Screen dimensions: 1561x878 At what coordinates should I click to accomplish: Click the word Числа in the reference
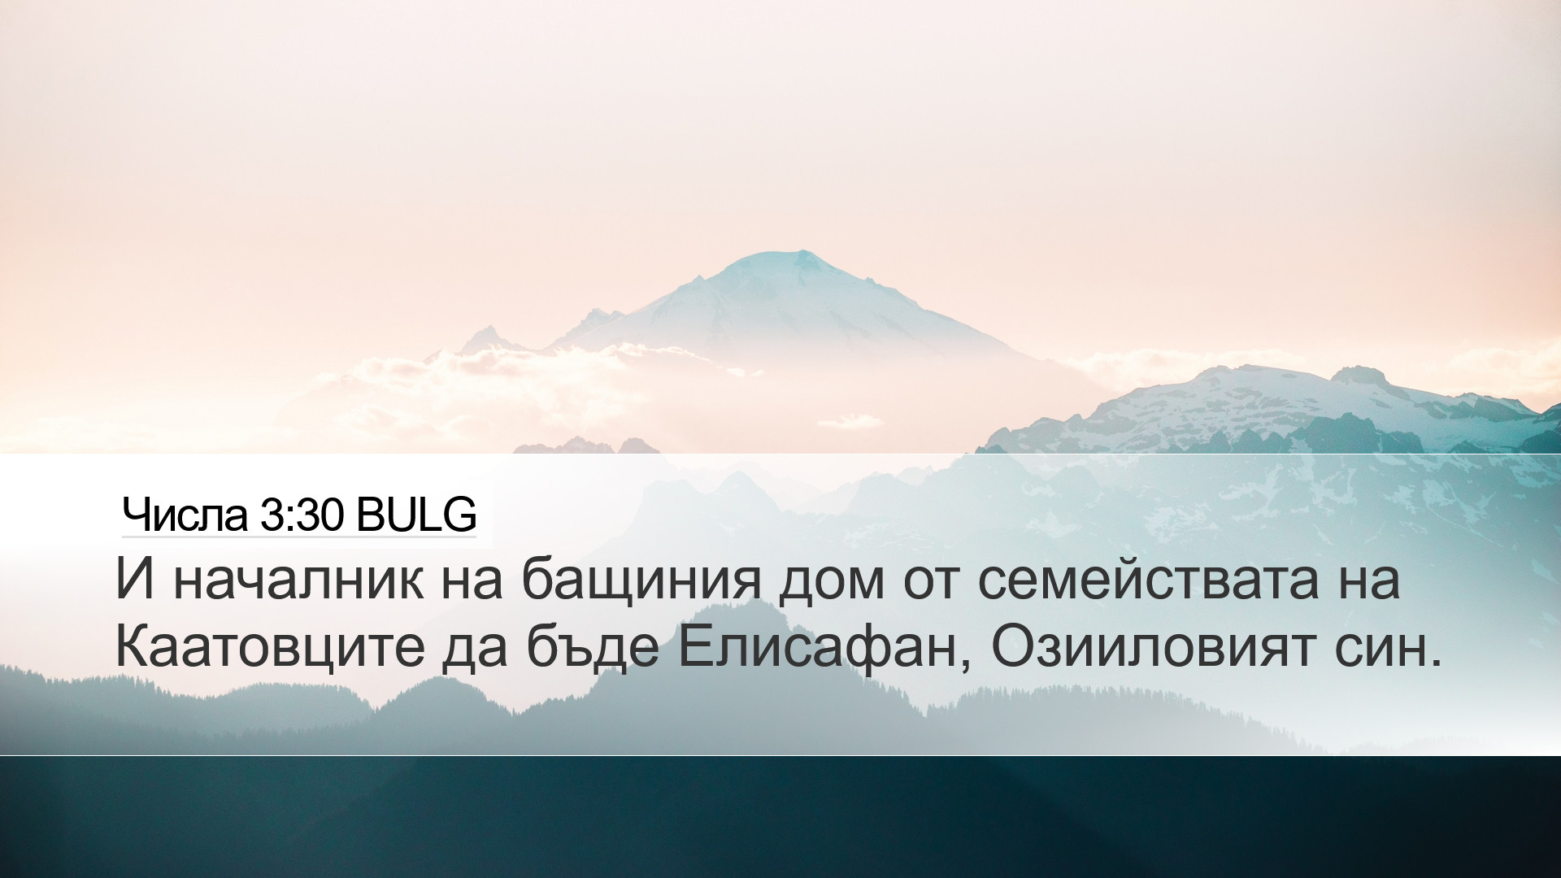tap(185, 515)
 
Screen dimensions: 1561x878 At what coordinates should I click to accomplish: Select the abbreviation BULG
tap(415, 515)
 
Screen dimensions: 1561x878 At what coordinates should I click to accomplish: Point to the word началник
tap(298, 579)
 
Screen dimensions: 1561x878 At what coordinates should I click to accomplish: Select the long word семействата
tap(1147, 579)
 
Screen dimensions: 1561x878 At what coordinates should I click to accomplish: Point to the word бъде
tap(593, 649)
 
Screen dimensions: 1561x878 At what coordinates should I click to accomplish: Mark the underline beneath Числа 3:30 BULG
tap(298, 537)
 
